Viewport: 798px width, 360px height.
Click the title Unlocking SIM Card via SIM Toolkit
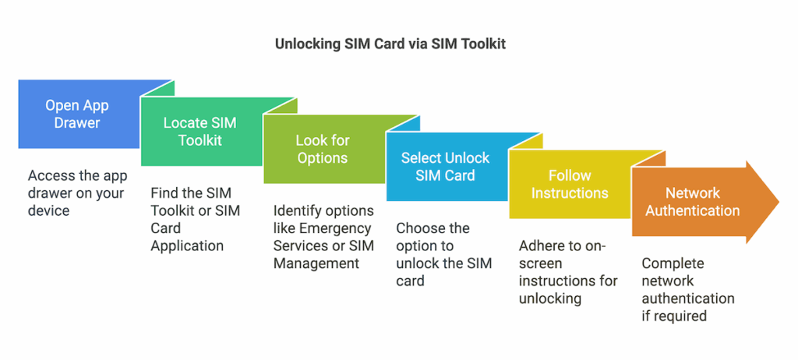coord(390,44)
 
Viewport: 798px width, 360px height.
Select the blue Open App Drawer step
coord(76,114)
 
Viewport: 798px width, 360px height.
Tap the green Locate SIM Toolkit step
coord(199,132)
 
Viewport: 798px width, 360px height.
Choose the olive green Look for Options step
coord(322,149)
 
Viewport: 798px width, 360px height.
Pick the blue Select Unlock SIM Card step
coord(445,167)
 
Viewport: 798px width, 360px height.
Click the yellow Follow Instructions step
coord(569,184)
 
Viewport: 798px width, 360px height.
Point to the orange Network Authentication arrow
coord(692,202)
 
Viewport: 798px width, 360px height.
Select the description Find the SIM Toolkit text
coord(195,219)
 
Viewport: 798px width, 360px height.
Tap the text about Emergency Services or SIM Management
coord(323,237)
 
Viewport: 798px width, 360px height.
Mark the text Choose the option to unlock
coord(443,254)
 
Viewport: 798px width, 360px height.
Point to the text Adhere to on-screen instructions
coord(568,272)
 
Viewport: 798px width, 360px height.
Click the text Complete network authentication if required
coord(687,289)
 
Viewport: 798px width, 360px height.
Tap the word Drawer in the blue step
coord(76,122)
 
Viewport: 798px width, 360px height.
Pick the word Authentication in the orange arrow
coord(692,210)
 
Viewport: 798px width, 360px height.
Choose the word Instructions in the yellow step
coord(569,192)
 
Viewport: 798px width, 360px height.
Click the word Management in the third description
coord(316,263)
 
